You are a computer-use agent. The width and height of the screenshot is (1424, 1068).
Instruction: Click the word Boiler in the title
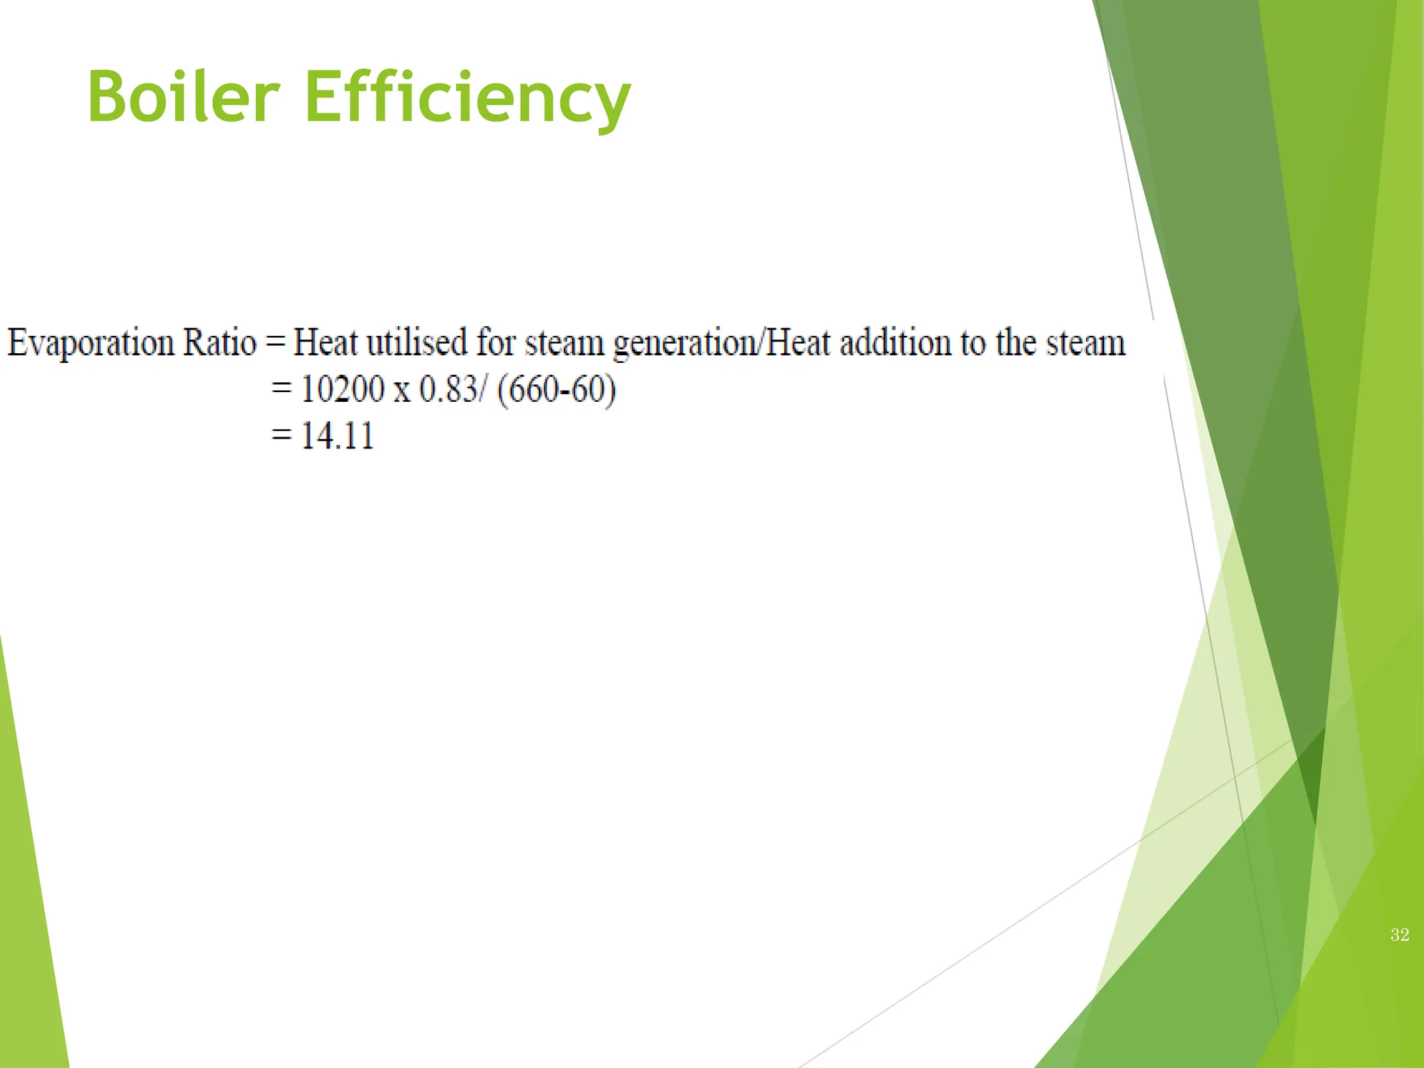184,97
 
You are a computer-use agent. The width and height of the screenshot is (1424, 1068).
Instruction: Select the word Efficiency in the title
467,97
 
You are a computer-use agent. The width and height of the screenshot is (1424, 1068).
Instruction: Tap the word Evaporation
90,343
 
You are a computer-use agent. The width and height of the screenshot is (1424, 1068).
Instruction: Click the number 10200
342,389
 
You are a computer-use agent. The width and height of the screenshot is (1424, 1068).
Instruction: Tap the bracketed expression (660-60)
557,389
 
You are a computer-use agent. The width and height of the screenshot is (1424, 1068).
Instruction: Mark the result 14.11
337,437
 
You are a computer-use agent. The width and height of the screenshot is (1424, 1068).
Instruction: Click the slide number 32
1400,935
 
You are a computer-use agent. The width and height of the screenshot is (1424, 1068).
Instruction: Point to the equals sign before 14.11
282,437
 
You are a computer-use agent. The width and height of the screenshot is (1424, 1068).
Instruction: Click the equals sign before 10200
282,389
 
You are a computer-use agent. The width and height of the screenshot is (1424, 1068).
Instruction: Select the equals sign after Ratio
275,343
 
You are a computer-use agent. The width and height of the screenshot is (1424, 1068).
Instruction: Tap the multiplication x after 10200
402,391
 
